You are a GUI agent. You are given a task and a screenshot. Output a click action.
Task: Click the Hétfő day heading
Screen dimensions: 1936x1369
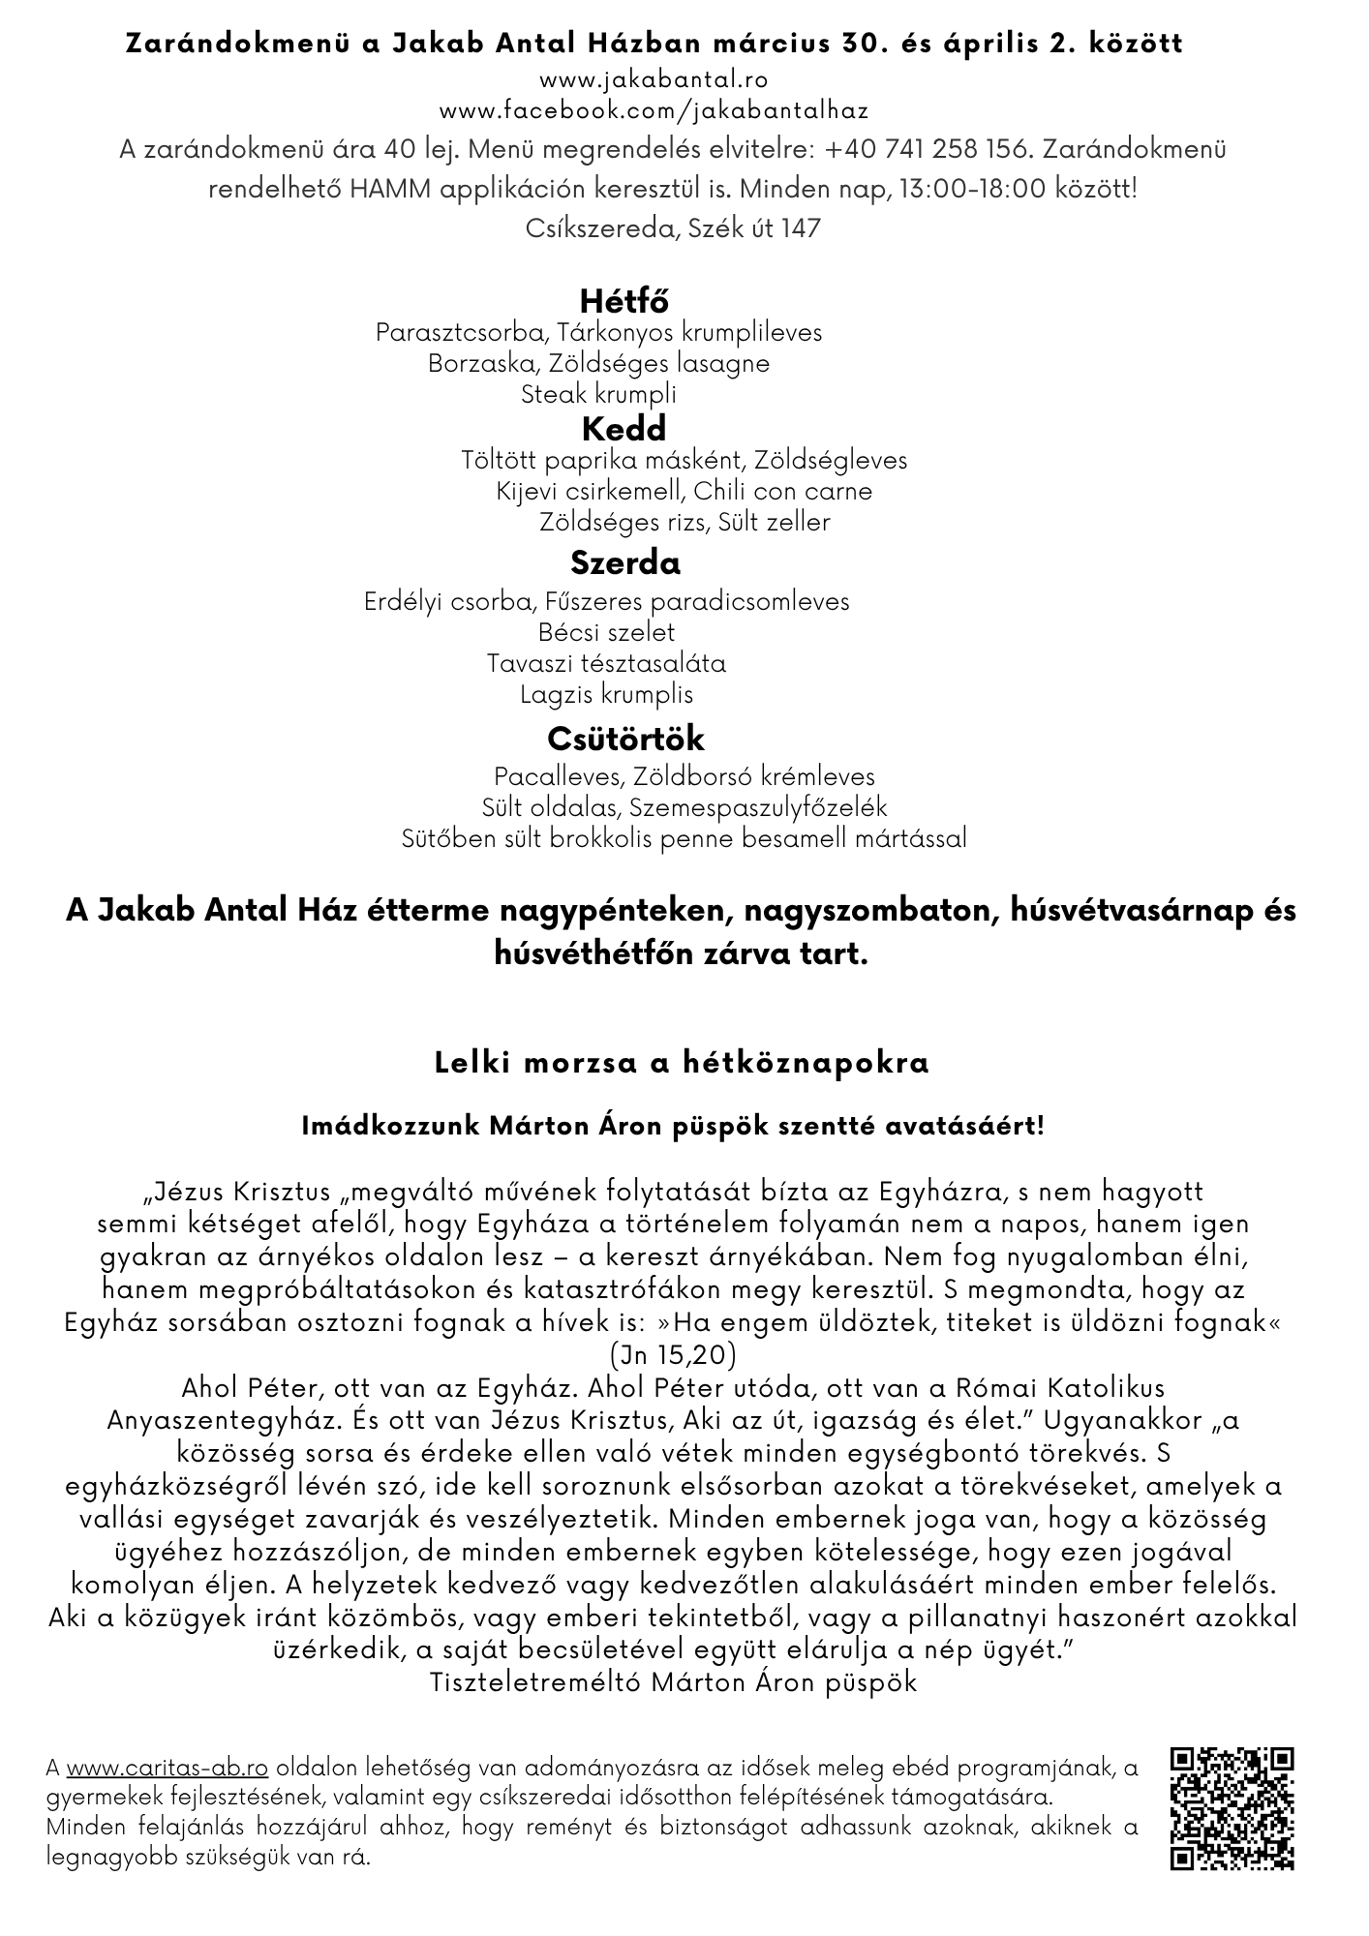click(x=624, y=300)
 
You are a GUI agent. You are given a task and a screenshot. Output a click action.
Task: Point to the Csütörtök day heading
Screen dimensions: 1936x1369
click(x=625, y=739)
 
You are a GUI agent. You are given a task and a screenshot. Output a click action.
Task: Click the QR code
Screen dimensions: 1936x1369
click(x=1232, y=1807)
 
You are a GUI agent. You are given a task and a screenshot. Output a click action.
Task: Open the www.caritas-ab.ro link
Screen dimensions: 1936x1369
click(x=167, y=1768)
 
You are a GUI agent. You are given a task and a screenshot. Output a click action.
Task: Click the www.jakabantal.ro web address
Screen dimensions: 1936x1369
click(x=654, y=79)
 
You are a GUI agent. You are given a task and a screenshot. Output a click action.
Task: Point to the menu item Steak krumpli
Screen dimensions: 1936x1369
click(x=598, y=395)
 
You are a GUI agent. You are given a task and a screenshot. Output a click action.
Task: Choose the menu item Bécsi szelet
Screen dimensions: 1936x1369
click(x=607, y=632)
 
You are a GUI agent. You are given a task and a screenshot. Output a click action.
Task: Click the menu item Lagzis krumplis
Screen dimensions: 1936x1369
click(x=607, y=694)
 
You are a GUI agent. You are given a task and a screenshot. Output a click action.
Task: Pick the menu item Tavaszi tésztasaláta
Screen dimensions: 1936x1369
click(x=607, y=663)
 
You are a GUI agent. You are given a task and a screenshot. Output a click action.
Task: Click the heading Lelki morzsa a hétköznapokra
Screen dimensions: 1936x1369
click(x=683, y=1063)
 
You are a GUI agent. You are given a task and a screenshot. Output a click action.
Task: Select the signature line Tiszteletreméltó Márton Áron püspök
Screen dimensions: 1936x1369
click(x=673, y=1681)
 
